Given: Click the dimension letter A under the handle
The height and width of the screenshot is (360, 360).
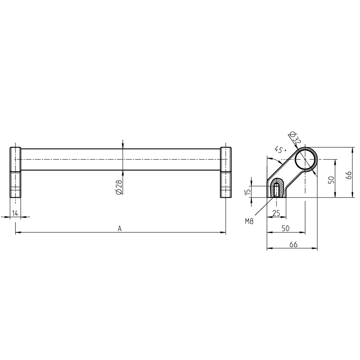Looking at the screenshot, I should click(120, 229).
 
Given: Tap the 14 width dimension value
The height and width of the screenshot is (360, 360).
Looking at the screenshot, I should click(15, 213).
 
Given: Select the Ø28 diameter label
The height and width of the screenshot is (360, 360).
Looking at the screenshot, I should click(118, 187).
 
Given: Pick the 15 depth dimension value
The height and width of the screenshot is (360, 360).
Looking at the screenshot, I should click(248, 191).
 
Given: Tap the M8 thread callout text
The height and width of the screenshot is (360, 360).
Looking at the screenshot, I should click(250, 221).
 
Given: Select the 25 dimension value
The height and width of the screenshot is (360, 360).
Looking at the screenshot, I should click(276, 213).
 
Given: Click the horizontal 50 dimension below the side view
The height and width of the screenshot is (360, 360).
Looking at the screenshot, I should click(285, 228).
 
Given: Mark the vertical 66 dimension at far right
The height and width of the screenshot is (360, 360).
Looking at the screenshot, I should click(348, 175).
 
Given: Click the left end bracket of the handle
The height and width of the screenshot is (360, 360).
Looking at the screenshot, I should click(15, 172).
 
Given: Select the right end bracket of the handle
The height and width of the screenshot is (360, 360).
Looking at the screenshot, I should click(226, 172).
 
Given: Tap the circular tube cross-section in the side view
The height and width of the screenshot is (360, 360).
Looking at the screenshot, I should click(305, 160).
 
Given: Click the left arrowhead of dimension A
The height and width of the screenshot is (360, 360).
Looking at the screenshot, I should click(18, 232).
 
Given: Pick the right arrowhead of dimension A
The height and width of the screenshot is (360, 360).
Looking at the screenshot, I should click(223, 232).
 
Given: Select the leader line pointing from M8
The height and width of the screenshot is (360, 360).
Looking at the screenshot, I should click(264, 208).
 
